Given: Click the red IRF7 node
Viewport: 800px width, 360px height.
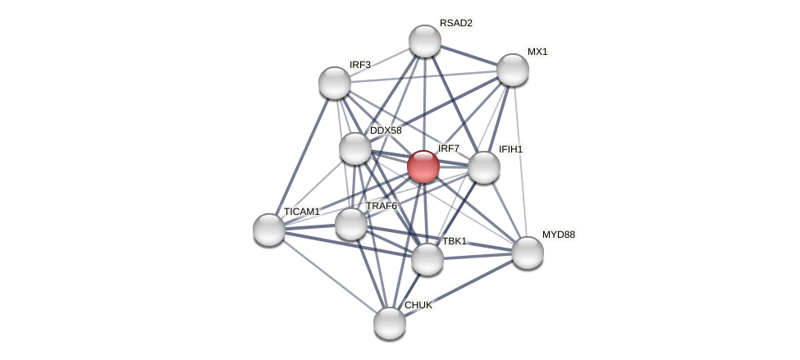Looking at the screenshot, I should tap(423, 166).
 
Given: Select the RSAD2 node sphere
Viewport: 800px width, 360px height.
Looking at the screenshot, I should tap(425, 41).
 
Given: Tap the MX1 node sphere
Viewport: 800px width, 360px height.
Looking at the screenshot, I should tap(513, 70).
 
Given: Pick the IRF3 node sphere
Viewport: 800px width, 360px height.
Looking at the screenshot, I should tap(335, 83).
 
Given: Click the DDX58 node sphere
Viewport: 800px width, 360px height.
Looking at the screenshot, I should tap(355, 148).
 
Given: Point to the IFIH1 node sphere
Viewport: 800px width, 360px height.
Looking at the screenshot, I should tap(484, 167).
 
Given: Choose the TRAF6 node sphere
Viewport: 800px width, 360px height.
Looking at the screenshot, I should tap(351, 224).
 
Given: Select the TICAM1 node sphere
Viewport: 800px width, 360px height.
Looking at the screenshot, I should tap(269, 230).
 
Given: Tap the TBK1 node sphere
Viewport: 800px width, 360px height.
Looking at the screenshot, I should tap(427, 259).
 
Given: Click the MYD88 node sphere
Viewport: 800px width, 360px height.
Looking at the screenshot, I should tap(528, 253).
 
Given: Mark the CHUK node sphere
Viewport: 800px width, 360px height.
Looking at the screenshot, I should tap(390, 323).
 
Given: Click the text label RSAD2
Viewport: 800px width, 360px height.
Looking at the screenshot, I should tap(455, 23).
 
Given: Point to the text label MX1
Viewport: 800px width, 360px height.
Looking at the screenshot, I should tap(537, 52).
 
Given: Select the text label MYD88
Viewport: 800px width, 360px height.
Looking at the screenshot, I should tap(559, 235).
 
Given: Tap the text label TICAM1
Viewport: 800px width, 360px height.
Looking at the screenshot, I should tap(301, 212).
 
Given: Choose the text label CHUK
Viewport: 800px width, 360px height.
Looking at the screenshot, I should tap(418, 305).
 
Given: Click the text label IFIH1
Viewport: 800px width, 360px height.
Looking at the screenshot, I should tap(510, 149).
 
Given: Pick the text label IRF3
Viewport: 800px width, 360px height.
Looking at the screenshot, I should tap(360, 65).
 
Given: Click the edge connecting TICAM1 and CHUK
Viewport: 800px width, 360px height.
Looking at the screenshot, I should tap(328, 276).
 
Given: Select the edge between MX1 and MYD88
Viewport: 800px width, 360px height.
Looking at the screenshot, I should tap(520, 161).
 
